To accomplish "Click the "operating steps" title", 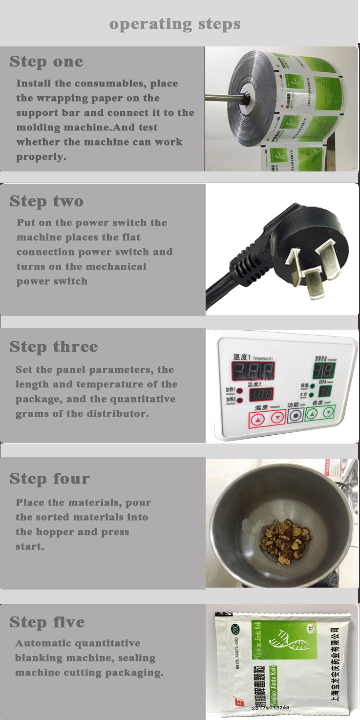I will coord(174,24).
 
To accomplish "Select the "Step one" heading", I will coord(46,62).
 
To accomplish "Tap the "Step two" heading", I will coord(46,201).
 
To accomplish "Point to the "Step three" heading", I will coord(54,347).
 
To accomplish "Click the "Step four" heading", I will coord(50,479).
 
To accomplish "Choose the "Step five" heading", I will coord(47,622).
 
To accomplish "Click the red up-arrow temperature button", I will coord(259,419).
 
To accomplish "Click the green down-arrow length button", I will coord(329,413).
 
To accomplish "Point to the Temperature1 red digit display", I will coord(253,373).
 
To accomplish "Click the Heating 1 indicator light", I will coord(240,391).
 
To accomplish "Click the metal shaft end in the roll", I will coord(243,96).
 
